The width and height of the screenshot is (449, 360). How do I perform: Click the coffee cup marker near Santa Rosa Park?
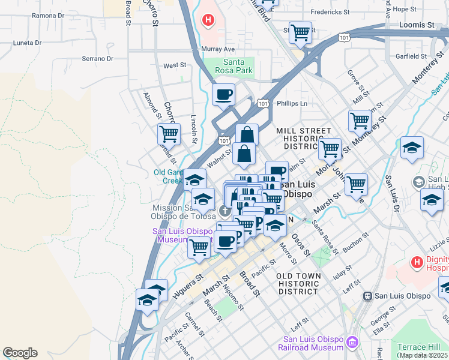[223, 94]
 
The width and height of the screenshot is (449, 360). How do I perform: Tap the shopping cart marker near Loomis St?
[300, 33]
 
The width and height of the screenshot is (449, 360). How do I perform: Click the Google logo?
[20, 353]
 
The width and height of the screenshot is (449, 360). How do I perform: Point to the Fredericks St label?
[330, 12]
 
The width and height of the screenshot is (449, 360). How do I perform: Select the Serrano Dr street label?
[98, 59]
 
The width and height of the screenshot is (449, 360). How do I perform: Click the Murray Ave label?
[217, 49]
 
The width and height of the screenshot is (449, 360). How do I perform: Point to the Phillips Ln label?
[292, 103]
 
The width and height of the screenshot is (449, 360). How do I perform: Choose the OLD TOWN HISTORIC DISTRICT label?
[297, 283]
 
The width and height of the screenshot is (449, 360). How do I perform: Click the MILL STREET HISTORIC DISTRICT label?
[304, 139]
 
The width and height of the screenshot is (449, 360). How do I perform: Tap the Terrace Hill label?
[418, 347]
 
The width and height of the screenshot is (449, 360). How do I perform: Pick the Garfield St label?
[411, 56]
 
